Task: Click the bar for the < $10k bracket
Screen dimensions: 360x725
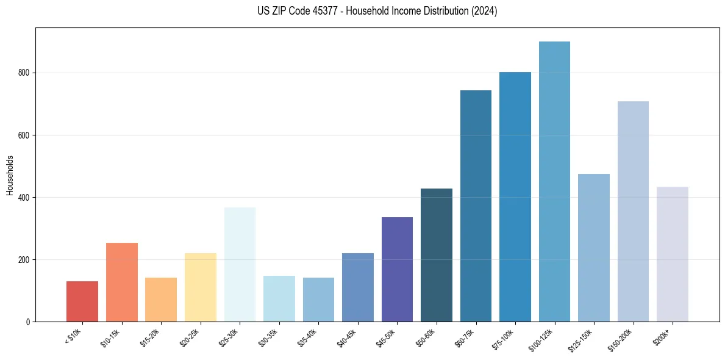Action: (x=82, y=301)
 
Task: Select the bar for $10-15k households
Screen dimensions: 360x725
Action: (x=121, y=282)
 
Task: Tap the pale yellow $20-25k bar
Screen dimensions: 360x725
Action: (x=200, y=287)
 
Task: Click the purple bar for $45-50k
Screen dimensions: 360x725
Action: (x=397, y=269)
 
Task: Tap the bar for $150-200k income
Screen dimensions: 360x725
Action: (x=633, y=211)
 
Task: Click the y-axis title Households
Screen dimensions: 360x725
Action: (x=10, y=175)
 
